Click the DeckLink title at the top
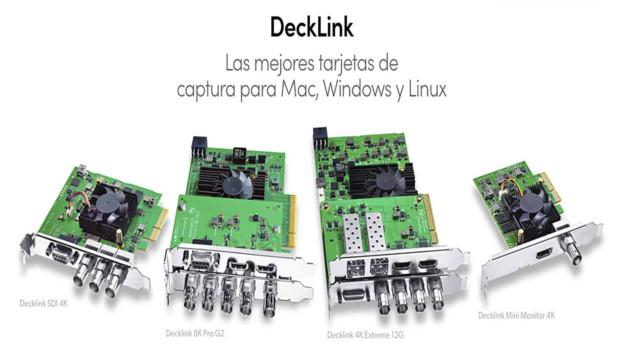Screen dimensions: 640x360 click(x=312, y=27)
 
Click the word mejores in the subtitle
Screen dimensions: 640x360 click(x=284, y=64)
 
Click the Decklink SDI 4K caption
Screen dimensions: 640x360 click(x=44, y=303)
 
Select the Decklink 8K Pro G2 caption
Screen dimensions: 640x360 click(x=195, y=333)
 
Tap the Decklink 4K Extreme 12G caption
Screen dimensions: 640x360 click(x=365, y=335)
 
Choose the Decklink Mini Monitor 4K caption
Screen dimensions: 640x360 click(x=516, y=316)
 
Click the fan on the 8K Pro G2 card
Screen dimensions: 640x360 click(x=237, y=183)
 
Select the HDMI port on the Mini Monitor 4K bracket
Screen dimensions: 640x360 click(x=544, y=253)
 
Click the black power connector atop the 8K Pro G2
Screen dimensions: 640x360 click(x=199, y=147)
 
